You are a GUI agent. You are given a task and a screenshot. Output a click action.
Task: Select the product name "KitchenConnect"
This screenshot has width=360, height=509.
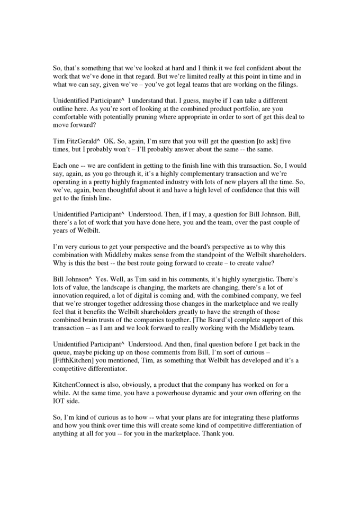[x=77, y=384]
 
